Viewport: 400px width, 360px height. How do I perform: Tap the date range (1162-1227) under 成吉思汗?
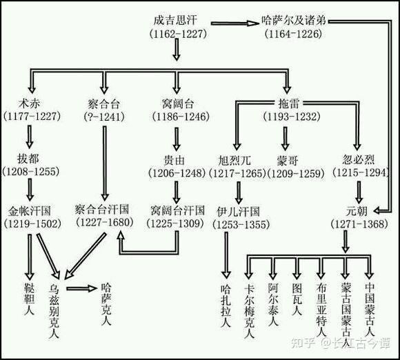(177, 33)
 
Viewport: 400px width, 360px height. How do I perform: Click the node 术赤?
(28, 104)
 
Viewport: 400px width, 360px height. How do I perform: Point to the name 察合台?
(105, 104)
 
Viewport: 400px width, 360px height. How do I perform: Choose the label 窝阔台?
(178, 104)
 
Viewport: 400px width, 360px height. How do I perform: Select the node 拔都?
(28, 158)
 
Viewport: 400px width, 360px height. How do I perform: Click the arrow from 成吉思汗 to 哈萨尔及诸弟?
(227, 23)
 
